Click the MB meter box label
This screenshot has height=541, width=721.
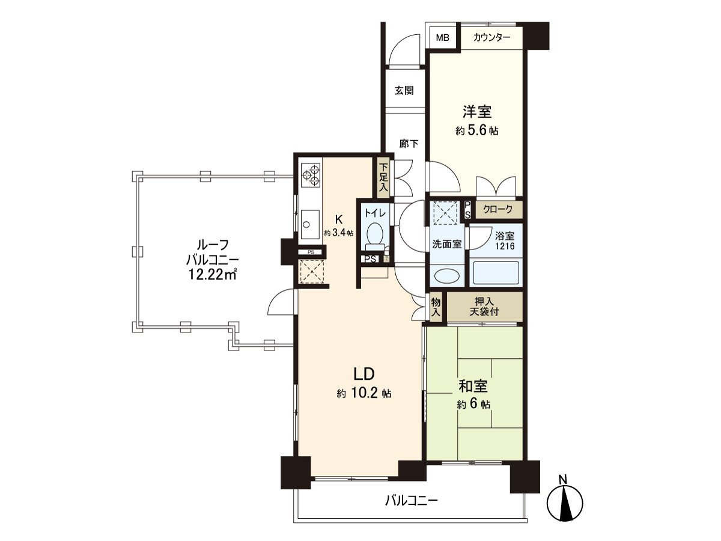[x=442, y=38]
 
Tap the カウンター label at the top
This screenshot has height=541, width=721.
[x=491, y=37]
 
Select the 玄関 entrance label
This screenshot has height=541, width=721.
[x=404, y=90]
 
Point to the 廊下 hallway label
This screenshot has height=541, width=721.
[x=409, y=144]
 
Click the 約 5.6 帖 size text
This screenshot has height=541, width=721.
[x=476, y=130]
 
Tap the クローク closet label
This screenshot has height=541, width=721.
[x=498, y=209]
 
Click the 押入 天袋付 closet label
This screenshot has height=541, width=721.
[x=484, y=307]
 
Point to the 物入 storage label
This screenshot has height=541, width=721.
[x=436, y=307]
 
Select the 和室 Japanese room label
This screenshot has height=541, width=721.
[x=473, y=387]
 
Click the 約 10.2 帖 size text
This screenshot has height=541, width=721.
[x=364, y=393]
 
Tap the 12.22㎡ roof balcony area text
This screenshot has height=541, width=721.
[x=212, y=274]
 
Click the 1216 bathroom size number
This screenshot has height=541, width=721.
[x=505, y=246]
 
